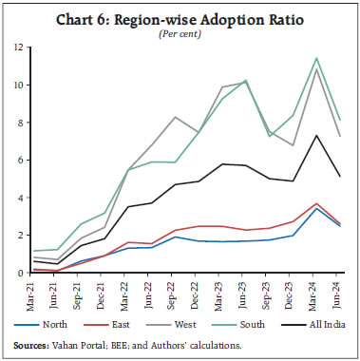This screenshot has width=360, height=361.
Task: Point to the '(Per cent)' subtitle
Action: tap(180, 32)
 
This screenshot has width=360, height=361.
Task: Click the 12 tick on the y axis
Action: tap(17, 47)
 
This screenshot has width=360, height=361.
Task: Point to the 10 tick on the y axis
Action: tap(17, 85)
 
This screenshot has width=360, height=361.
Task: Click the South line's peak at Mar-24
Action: tap(315, 58)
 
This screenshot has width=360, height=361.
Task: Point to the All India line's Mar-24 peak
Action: tap(315, 135)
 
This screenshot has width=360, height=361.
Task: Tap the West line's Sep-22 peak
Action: tap(175, 117)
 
